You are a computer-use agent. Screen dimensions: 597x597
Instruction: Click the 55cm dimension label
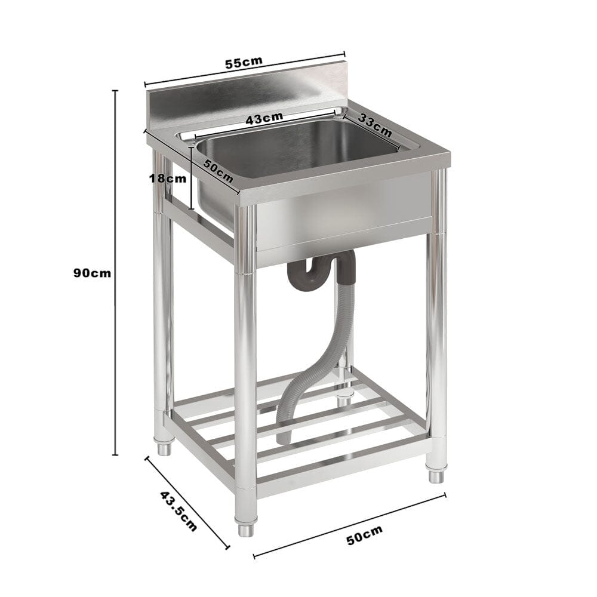pos(243,63)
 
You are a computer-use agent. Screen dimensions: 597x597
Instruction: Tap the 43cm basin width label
pos(264,118)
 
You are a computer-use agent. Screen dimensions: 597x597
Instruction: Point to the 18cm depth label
pos(168,178)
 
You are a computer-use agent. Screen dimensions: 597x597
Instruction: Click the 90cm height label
pos(92,273)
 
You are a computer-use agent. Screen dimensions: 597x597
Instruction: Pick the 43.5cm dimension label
pos(178,511)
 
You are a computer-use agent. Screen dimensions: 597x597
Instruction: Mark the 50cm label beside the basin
pos(218,171)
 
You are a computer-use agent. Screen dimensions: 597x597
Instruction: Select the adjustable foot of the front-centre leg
pos(245,529)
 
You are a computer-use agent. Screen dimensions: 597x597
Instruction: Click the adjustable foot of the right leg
pos(436,476)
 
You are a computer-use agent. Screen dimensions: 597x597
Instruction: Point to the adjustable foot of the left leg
pos(164,448)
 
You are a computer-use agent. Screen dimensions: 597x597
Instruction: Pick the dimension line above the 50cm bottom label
pos(349,525)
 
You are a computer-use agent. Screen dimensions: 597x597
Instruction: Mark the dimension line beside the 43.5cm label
pos(187,502)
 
